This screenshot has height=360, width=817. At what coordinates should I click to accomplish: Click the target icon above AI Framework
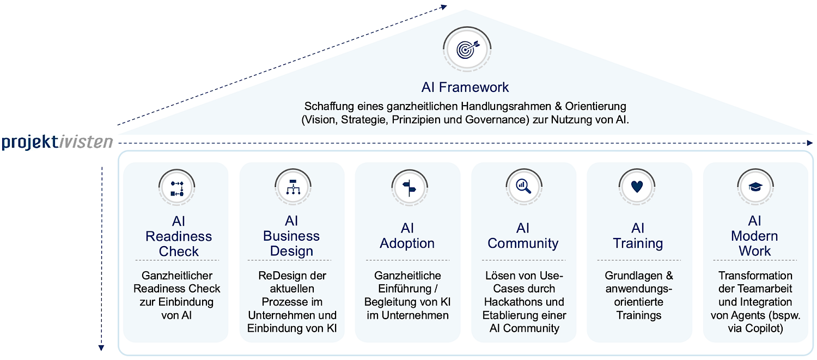click(466, 49)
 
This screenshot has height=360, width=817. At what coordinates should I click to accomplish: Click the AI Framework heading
click(465, 87)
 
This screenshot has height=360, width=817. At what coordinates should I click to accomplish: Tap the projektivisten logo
click(57, 143)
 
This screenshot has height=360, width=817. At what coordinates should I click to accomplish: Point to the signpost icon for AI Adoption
click(408, 187)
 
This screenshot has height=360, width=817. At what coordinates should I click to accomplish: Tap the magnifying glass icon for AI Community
click(523, 186)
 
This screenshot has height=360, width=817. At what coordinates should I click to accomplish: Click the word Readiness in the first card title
click(179, 236)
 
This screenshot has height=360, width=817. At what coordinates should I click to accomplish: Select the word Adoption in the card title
click(407, 243)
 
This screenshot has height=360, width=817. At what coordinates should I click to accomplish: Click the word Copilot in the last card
click(766, 328)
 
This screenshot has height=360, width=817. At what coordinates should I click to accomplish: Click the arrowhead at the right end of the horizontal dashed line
click(809, 143)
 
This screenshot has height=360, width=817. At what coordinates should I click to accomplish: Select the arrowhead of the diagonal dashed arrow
click(444, 7)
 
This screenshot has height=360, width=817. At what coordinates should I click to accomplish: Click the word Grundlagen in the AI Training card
click(632, 276)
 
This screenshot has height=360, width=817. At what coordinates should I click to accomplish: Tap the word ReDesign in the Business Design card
click(278, 276)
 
